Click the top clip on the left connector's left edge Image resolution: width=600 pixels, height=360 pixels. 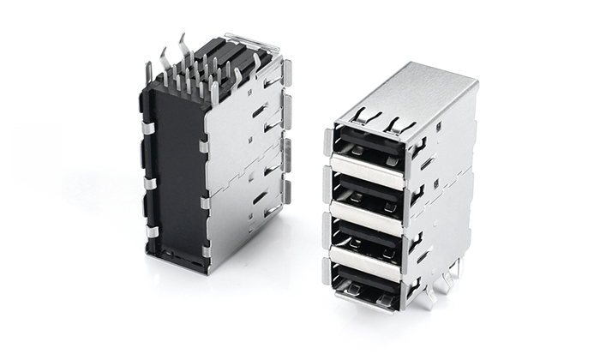coord(147,129)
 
